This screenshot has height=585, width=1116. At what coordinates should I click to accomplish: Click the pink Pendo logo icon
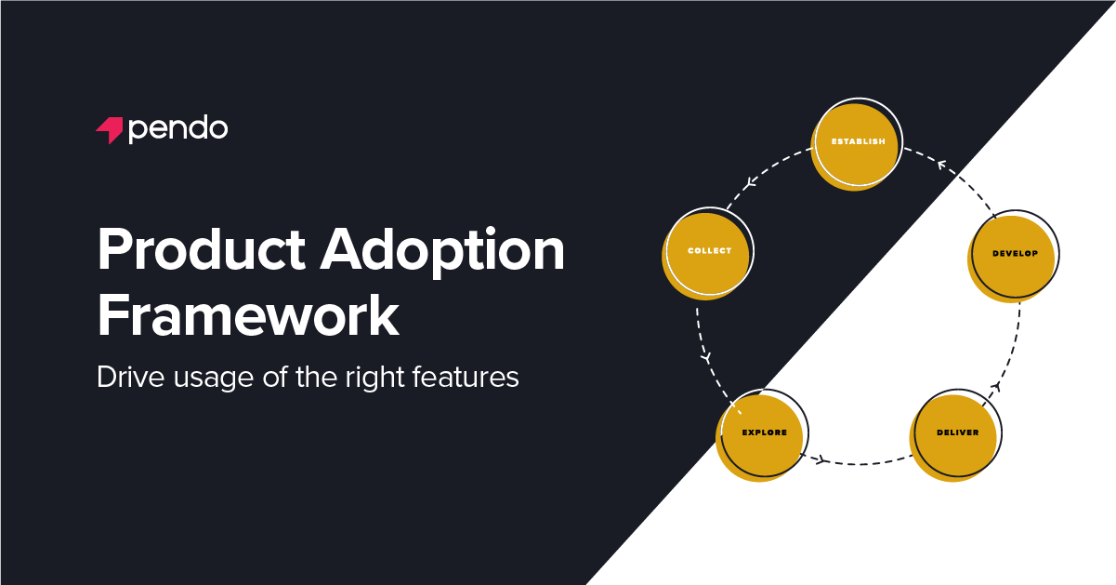coord(110,130)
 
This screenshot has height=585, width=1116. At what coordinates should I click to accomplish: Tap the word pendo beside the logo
coord(177,128)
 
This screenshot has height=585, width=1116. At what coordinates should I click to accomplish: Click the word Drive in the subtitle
coord(124,379)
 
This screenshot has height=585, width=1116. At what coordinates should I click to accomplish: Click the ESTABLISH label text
coord(858,142)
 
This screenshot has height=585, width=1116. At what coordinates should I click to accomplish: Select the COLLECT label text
coord(709,251)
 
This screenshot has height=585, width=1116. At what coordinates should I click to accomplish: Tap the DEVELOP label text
coord(1015,253)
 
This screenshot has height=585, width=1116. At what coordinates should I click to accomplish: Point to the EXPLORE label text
coord(764,432)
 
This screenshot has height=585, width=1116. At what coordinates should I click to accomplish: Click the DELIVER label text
coord(957,432)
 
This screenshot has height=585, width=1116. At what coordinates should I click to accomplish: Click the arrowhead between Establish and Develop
coord(941,166)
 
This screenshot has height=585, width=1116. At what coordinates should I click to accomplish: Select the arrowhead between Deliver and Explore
coord(821,459)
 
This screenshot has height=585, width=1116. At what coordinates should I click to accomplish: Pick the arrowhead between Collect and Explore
coord(705,357)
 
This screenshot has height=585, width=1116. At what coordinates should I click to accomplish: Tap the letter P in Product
coord(113,251)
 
